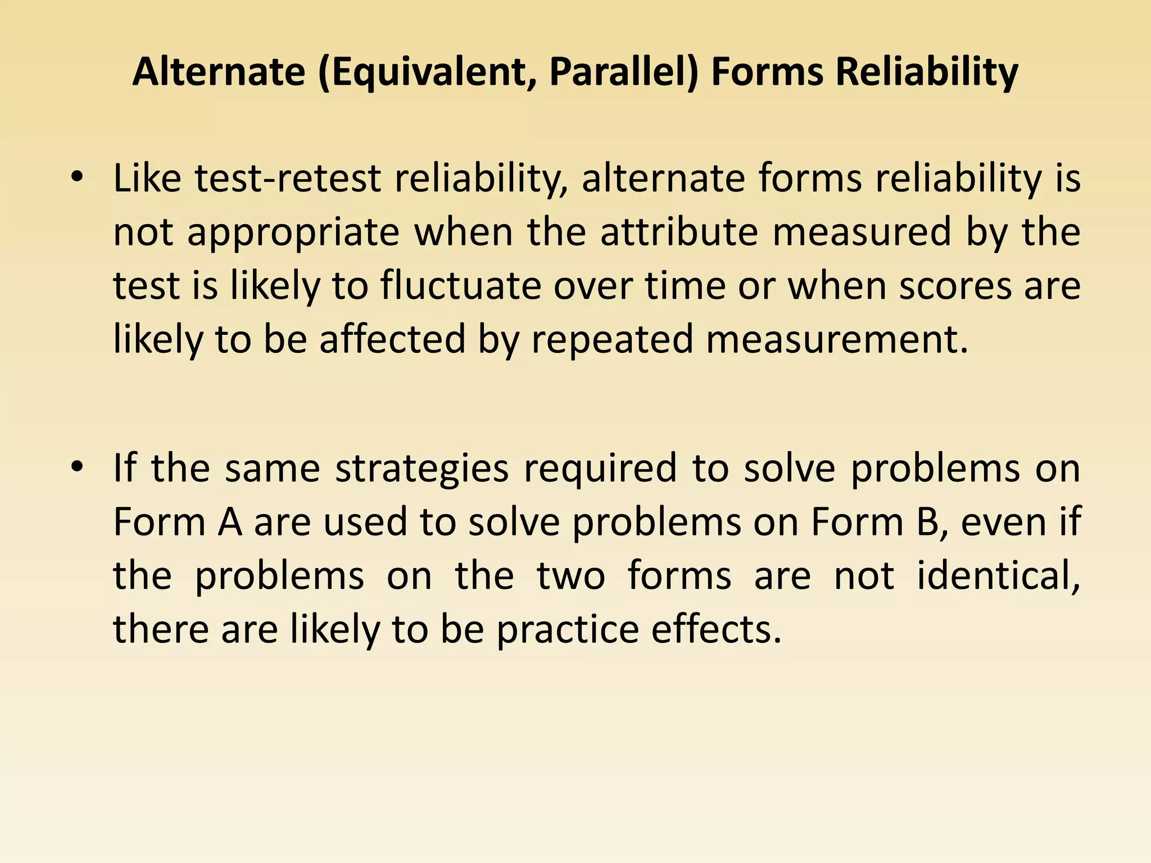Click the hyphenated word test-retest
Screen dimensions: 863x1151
[x=288, y=179]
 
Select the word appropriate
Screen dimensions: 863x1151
[x=293, y=233]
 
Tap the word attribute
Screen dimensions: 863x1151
[x=679, y=233]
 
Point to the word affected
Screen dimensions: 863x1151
[x=392, y=340]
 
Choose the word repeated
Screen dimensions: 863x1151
[x=612, y=340]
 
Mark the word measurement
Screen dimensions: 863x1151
[x=837, y=340]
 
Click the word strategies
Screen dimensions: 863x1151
[x=422, y=469]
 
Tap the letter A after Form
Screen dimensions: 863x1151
[x=230, y=522]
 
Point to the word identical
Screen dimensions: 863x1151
[x=998, y=576]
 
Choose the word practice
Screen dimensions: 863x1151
[x=568, y=629]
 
